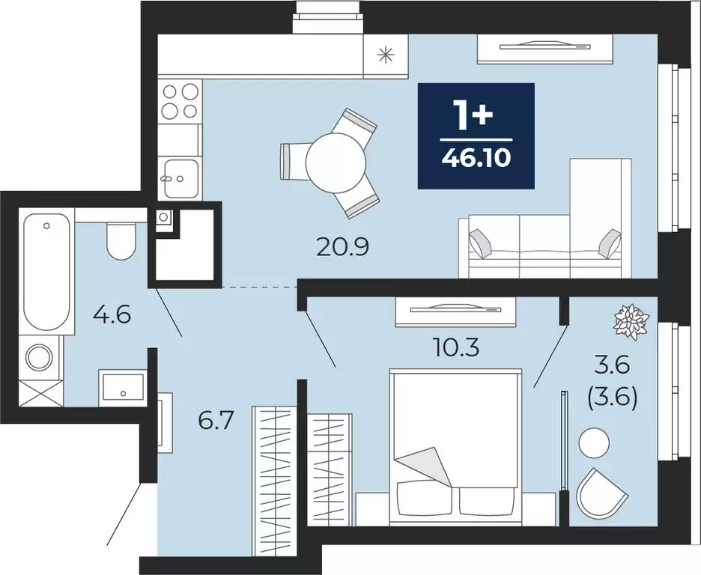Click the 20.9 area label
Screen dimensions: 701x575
click(x=342, y=247)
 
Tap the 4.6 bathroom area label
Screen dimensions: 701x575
click(x=112, y=315)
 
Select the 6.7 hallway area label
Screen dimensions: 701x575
click(x=216, y=421)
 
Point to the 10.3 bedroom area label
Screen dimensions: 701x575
click(x=456, y=347)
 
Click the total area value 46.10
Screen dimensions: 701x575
click(x=476, y=158)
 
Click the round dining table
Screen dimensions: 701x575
click(x=336, y=161)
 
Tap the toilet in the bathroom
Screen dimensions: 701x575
click(x=121, y=241)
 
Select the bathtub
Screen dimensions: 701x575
click(x=46, y=271)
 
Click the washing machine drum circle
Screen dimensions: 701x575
click(x=40, y=357)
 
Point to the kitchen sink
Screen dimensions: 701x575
click(x=181, y=179)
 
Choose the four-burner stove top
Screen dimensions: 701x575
click(x=180, y=101)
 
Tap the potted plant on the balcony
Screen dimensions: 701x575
click(x=631, y=320)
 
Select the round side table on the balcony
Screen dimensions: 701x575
click(x=594, y=442)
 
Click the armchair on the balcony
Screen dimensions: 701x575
click(x=601, y=493)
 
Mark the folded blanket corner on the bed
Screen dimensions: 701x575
click(x=422, y=466)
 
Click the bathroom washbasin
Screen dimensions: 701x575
click(x=123, y=387)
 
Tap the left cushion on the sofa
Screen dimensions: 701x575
click(x=480, y=244)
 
